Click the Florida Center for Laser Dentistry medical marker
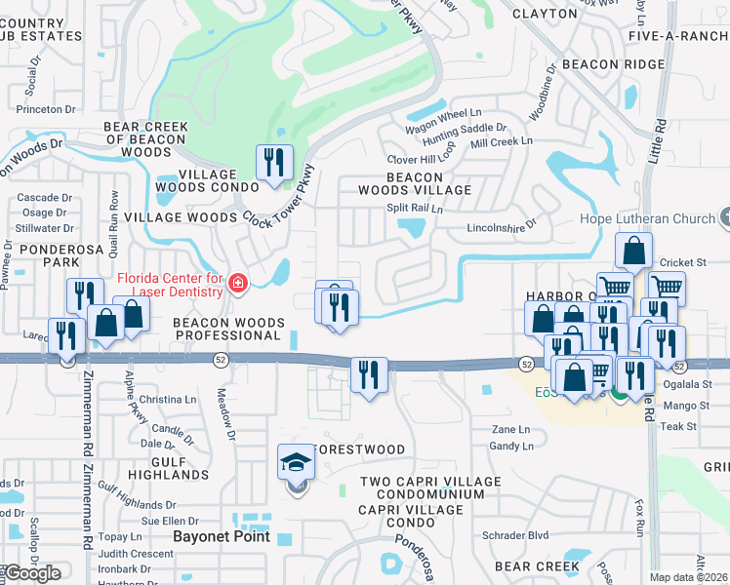[x=236, y=284]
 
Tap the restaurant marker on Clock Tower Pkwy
[x=274, y=163]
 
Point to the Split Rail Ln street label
[x=415, y=209]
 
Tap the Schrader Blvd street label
[x=515, y=535]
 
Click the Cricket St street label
[x=682, y=262]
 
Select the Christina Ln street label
[x=168, y=400]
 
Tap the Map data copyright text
[x=688, y=577]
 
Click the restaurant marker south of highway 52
[x=369, y=375]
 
